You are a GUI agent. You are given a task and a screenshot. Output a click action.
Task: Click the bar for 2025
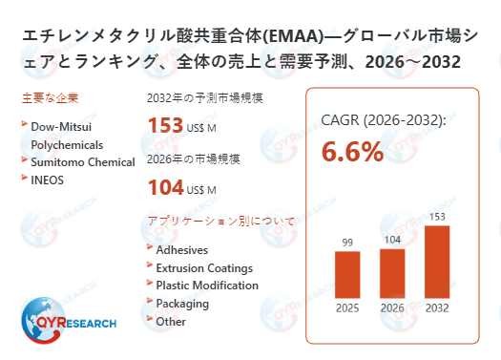(x=347, y=274)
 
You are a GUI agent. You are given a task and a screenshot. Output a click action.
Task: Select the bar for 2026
(x=392, y=273)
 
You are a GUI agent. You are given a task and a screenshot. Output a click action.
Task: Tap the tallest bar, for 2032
(x=436, y=262)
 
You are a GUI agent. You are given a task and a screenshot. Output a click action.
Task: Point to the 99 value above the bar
(x=347, y=243)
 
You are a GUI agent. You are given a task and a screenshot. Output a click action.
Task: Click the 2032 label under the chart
(x=436, y=307)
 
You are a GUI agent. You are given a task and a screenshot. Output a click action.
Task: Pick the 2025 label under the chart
(x=347, y=307)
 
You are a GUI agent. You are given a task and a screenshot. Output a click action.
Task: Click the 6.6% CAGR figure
(x=352, y=151)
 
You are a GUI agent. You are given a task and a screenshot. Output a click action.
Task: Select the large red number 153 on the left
(x=165, y=125)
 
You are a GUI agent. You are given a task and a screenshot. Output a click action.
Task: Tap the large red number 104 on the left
(x=165, y=187)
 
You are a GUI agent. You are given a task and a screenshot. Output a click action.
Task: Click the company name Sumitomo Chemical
(x=83, y=162)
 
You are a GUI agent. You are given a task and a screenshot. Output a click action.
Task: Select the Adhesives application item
(x=181, y=250)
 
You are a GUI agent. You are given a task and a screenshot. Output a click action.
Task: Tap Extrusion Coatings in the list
(x=204, y=268)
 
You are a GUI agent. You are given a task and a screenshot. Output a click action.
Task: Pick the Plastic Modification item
(x=206, y=286)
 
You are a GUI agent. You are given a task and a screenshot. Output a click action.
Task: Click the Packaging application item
(x=182, y=304)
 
